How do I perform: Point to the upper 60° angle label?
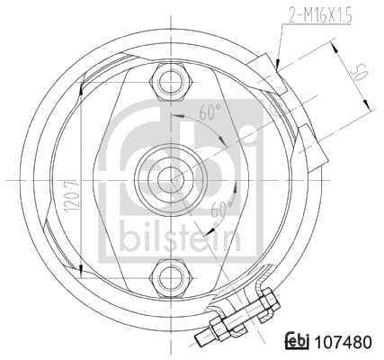tap(211, 115)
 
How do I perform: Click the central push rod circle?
tap(167, 178)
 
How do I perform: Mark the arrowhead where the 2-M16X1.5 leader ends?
tap(278, 67)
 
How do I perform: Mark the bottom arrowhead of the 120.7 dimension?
tap(82, 269)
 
